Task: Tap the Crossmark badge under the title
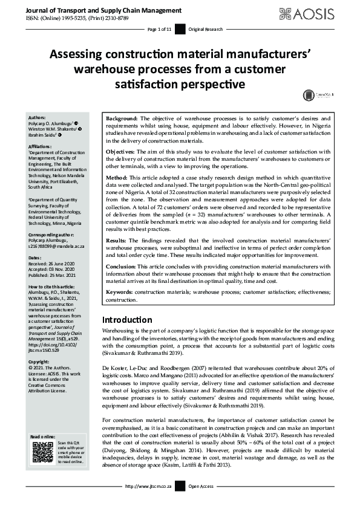(x=316, y=95)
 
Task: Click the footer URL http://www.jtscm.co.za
(x=148, y=503)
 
